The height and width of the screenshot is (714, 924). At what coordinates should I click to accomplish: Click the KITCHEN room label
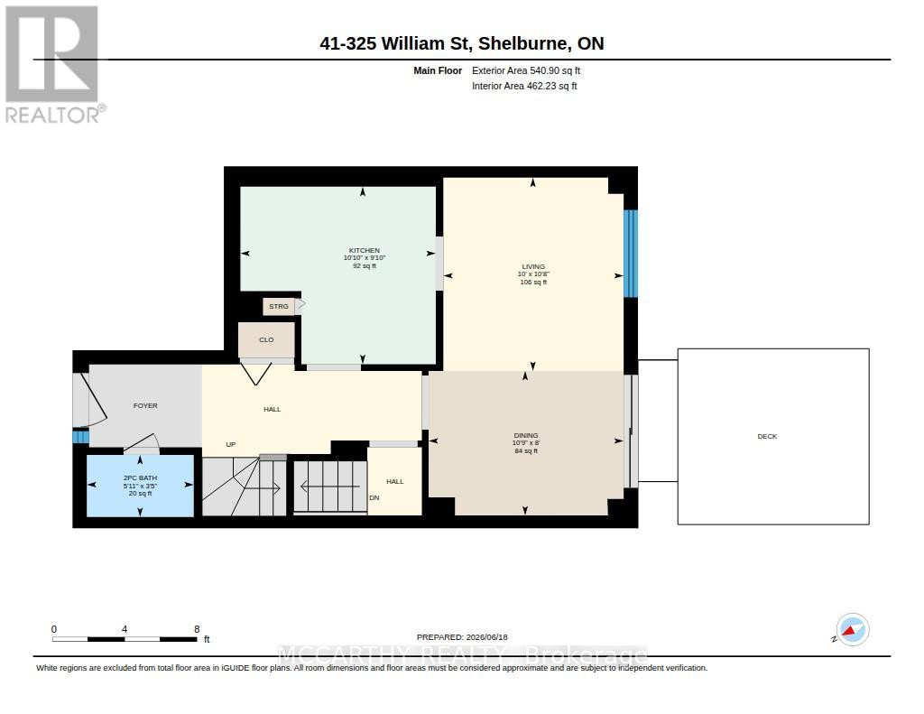pyautogui.click(x=365, y=250)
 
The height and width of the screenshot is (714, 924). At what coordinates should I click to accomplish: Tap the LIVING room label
pyautogui.click(x=533, y=266)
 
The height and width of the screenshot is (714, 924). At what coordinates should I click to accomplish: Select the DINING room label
pyautogui.click(x=526, y=435)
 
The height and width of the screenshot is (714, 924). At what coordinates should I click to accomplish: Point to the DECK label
pyautogui.click(x=767, y=436)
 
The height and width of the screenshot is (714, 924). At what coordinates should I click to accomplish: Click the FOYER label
pyautogui.click(x=145, y=405)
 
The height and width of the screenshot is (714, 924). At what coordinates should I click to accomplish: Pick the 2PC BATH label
pyautogui.click(x=140, y=478)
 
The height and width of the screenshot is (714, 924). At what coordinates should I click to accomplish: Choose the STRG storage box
pyautogui.click(x=279, y=306)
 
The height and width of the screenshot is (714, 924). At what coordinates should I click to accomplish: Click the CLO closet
pyautogui.click(x=266, y=339)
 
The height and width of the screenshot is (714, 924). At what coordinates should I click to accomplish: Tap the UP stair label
pyautogui.click(x=231, y=444)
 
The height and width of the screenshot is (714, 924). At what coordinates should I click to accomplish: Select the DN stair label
pyautogui.click(x=374, y=497)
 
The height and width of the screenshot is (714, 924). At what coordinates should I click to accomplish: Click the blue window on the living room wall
pyautogui.click(x=631, y=254)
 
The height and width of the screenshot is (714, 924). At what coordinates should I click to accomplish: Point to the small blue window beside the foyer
pyautogui.click(x=80, y=436)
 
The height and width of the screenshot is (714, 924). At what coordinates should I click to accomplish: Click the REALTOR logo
pyautogui.click(x=54, y=64)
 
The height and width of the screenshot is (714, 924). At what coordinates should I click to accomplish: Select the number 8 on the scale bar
pyautogui.click(x=197, y=629)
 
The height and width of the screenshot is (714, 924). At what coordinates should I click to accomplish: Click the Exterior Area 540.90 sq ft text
pyautogui.click(x=526, y=70)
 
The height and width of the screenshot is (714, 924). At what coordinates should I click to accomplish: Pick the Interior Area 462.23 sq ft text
pyautogui.click(x=524, y=86)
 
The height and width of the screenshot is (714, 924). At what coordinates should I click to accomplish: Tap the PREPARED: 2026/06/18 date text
pyautogui.click(x=462, y=637)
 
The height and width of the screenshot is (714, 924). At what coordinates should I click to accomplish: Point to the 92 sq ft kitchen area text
pyautogui.click(x=365, y=266)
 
